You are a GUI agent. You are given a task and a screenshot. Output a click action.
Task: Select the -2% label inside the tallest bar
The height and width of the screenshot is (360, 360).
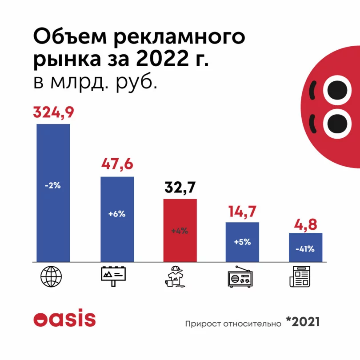tap(53, 186)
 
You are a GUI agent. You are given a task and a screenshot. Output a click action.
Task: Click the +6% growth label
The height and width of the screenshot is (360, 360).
tap(117, 213)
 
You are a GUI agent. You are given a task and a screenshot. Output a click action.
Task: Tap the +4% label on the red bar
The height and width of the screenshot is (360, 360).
tap(180, 231)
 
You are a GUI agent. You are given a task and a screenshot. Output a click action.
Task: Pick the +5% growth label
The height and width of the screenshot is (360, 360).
tap(242, 242)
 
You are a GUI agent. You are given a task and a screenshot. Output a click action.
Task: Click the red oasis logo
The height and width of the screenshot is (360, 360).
tap(64, 319)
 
